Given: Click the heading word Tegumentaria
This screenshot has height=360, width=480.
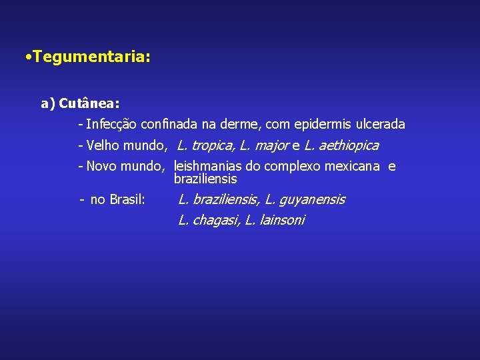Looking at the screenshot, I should pyautogui.click(x=91, y=58).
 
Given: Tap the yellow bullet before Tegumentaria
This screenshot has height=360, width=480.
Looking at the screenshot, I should pyautogui.click(x=25, y=58).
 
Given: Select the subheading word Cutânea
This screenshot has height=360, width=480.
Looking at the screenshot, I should pyautogui.click(x=89, y=104).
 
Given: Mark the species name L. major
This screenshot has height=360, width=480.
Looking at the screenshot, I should pyautogui.click(x=263, y=145).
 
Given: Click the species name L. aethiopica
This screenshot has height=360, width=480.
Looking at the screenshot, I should pyautogui.click(x=341, y=145).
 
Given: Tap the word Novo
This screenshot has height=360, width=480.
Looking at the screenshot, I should pyautogui.click(x=102, y=166).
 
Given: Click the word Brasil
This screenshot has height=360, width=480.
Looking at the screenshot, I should pyautogui.click(x=127, y=199).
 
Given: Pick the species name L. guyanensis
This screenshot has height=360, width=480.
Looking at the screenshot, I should pyautogui.click(x=305, y=199).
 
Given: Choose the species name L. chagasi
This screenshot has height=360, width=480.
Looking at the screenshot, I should pyautogui.click(x=208, y=221).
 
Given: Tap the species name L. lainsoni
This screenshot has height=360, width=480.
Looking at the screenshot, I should pyautogui.click(x=275, y=221).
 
